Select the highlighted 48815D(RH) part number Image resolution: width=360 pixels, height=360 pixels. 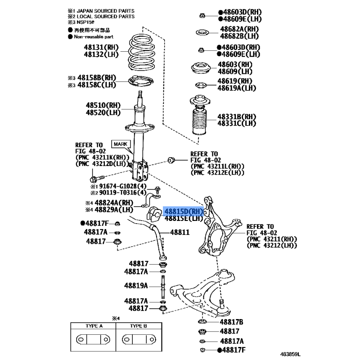pyautogui.click(x=184, y=211)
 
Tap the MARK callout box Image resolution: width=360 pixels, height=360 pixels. pyautogui.click(x=121, y=144)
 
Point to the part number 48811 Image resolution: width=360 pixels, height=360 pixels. pyautogui.click(x=180, y=232)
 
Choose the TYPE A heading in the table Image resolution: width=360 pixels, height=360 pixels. pyautogui.click(x=94, y=326)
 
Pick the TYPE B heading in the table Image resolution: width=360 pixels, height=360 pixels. pyautogui.click(x=139, y=326)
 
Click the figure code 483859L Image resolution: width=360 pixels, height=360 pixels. pyautogui.click(x=290, y=354)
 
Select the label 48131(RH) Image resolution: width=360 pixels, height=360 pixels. pyautogui.click(x=101, y=47)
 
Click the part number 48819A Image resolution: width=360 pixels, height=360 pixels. pyautogui.click(x=136, y=286)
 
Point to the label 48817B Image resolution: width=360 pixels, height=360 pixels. pyautogui.click(x=231, y=322)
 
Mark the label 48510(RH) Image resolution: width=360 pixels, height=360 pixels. pyautogui.click(x=103, y=105)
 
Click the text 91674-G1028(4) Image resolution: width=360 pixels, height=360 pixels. pyautogui.click(x=123, y=186)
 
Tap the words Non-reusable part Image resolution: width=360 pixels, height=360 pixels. pyautogui.click(x=94, y=37)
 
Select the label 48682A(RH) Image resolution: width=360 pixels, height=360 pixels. pyautogui.click(x=239, y=29)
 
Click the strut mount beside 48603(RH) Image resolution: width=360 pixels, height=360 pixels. pyautogui.click(x=201, y=68)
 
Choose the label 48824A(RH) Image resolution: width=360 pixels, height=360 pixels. pyautogui.click(x=114, y=203)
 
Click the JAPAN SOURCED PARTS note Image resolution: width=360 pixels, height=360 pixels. pyautogui.click(x=106, y=11)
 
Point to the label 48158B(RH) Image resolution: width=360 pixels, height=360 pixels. pyautogui.click(x=97, y=77)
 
